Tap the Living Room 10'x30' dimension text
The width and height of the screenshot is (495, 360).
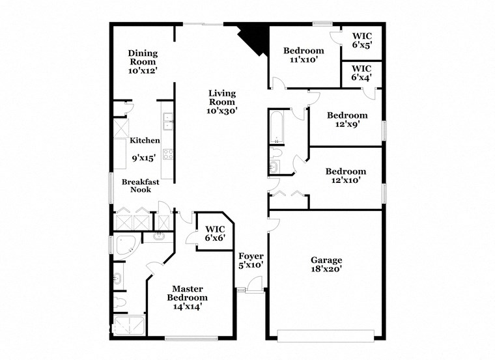[221, 111]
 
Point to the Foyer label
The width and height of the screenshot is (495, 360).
[251, 256]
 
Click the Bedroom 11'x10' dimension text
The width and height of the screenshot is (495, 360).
[303, 60]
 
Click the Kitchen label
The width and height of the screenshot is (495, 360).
[145, 141]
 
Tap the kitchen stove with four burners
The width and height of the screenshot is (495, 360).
[167, 155]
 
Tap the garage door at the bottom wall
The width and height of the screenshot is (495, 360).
[325, 336]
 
